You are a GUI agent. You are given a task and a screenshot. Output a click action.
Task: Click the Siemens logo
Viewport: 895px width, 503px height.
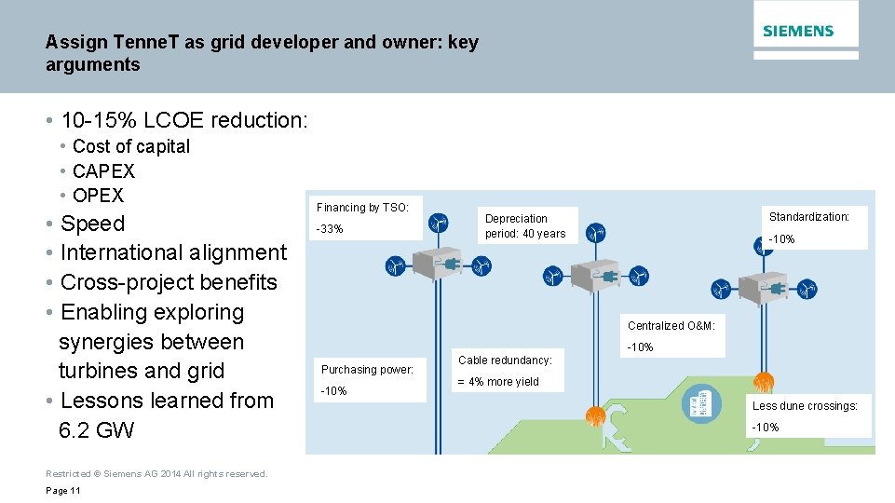[x=798, y=31]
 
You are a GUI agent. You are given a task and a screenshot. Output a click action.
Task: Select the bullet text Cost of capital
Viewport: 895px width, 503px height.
[x=130, y=146]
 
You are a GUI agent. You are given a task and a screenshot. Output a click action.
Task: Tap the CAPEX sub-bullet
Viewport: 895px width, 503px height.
[x=103, y=171]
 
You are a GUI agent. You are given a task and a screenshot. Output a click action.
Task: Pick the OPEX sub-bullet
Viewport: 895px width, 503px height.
[x=98, y=196]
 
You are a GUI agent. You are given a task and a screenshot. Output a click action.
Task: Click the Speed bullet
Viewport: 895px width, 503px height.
[x=92, y=224]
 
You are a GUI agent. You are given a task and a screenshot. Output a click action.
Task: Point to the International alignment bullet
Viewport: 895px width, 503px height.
[x=173, y=252]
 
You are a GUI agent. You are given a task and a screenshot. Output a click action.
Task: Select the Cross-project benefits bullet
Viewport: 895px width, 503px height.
[x=169, y=282]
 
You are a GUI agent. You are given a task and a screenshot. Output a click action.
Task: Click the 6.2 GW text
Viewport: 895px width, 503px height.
[x=96, y=430]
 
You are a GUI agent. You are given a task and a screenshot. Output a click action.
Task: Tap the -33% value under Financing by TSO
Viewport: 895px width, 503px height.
[x=330, y=229]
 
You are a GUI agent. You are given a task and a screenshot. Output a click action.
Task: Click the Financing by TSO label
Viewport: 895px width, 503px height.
[x=362, y=208]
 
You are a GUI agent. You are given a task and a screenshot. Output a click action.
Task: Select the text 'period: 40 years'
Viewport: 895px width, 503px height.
[x=525, y=234]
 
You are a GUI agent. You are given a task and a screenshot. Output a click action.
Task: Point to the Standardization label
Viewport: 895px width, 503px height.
[x=808, y=217]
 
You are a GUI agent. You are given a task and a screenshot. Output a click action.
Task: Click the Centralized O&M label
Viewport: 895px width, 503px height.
[x=671, y=326]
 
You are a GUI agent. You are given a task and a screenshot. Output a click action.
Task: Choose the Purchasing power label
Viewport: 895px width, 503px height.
[x=367, y=370]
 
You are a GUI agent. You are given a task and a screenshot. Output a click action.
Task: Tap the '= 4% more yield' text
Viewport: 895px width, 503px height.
[x=498, y=382]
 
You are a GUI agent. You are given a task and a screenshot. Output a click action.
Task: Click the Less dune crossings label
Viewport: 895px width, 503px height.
[x=805, y=406]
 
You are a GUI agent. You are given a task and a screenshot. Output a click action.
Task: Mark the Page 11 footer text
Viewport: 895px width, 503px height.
[x=63, y=491]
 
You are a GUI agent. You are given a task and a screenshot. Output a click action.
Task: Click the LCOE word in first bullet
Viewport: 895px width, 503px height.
[x=172, y=121]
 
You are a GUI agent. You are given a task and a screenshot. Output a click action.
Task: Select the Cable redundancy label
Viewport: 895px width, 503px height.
[x=505, y=360]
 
